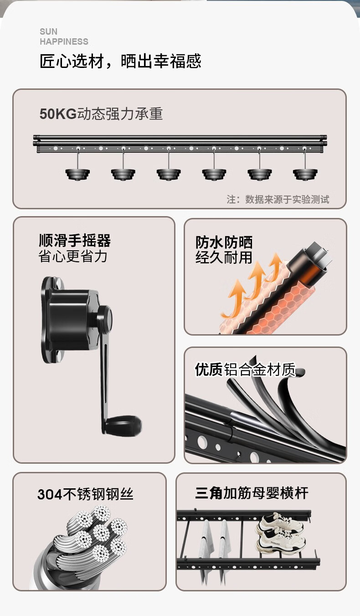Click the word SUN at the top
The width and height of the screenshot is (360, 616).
[49, 31]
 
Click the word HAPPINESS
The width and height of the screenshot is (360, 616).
[64, 41]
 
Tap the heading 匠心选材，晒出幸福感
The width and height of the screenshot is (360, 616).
[120, 61]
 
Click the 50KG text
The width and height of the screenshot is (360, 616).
[58, 114]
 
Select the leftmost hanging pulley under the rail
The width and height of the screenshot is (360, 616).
[77, 174]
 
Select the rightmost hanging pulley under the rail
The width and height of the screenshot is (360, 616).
[305, 174]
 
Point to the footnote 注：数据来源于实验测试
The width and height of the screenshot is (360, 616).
[278, 199]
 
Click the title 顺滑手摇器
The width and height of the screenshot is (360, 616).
[75, 240]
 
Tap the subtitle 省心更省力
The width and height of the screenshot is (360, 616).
[73, 256]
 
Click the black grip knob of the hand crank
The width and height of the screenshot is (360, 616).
[123, 424]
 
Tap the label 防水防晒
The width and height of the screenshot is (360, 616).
[224, 242]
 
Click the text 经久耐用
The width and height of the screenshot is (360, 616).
[224, 258]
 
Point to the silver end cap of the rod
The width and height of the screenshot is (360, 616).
[319, 254]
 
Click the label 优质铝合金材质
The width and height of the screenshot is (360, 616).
[246, 369]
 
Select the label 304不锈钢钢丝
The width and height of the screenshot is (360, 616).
[86, 494]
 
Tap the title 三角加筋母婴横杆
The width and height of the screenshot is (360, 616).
[252, 493]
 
